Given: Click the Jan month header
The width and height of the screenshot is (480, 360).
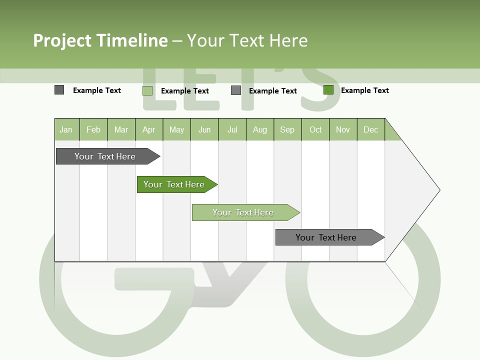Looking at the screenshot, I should coord(66,129).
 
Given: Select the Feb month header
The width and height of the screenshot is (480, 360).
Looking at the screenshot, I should coord(93,129).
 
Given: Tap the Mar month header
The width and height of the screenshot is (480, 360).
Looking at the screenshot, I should coord(121,129).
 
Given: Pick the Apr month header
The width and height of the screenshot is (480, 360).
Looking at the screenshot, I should coord(149,129).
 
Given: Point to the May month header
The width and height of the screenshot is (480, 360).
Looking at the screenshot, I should coord(176,129).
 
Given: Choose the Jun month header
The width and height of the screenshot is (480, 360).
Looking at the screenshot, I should coord(204,129).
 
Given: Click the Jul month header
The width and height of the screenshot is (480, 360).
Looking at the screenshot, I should coord(232,129).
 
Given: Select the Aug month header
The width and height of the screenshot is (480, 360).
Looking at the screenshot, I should coord(260,129).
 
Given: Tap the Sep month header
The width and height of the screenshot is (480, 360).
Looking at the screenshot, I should coord(287,129).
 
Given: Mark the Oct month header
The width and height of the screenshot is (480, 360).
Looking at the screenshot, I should coord(315,129).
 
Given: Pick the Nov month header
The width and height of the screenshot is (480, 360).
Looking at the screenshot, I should coord(343,129).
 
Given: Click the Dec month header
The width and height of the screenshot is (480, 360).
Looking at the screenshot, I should coord(371,129).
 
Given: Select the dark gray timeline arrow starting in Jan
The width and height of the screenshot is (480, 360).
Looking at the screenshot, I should coord(105,156).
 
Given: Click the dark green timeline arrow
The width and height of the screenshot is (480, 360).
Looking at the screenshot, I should coord(174,184).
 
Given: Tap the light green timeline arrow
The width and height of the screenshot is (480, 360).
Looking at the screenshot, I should coord(243,212).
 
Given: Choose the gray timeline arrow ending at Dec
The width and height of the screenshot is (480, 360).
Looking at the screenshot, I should coord(326,237).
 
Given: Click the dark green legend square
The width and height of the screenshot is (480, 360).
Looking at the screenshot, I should coord(328,90).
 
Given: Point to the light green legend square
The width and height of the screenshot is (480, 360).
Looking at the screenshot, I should coord(147,90).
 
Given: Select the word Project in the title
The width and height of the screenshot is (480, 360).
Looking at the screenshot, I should coord(62,40).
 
